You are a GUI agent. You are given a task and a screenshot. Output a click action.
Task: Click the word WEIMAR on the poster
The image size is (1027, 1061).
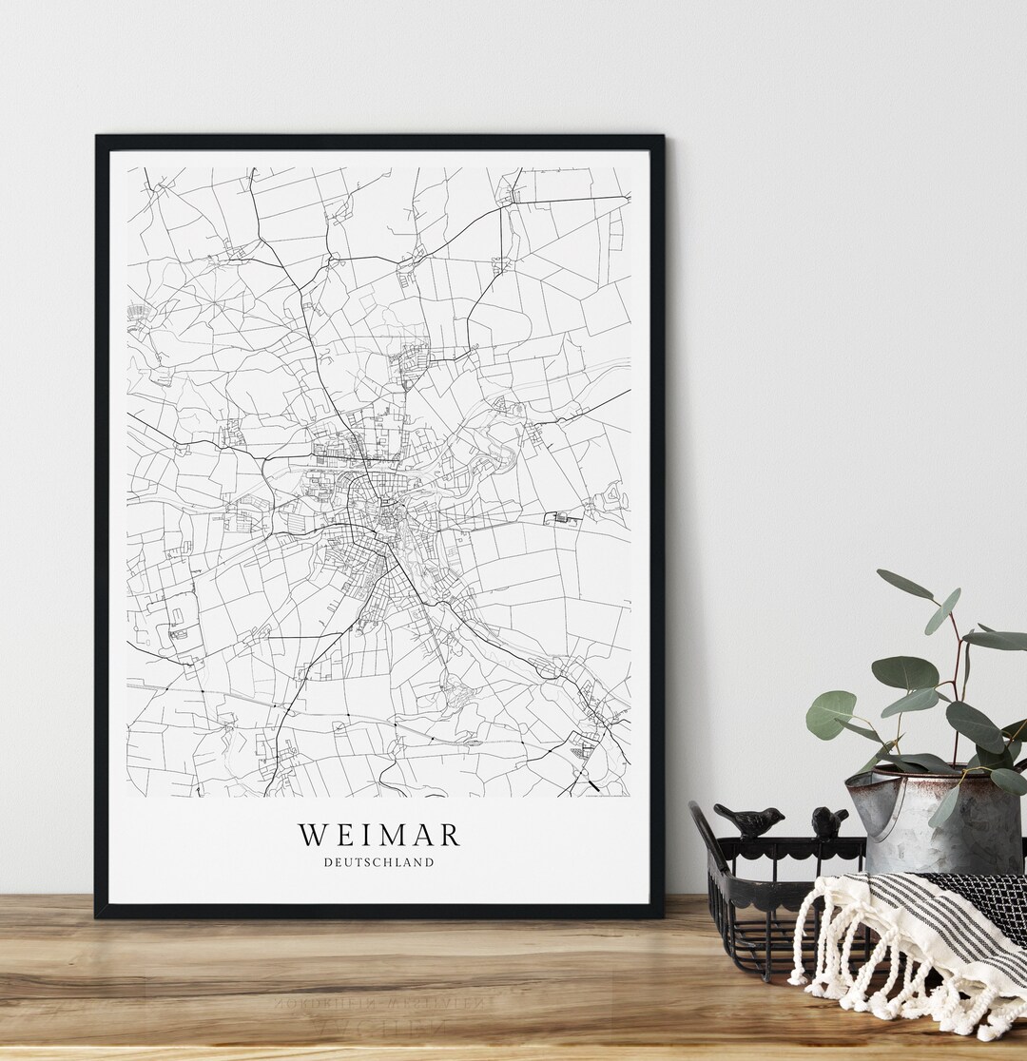379,836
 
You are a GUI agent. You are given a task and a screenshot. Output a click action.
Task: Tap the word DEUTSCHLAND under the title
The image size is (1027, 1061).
378,863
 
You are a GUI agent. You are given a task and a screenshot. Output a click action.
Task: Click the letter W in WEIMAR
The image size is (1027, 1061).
315,836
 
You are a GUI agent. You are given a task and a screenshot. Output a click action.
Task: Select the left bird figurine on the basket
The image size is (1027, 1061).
750,820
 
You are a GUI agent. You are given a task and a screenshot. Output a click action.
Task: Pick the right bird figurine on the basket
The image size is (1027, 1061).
829,821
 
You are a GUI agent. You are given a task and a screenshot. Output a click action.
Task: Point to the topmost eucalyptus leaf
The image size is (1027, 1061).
904,585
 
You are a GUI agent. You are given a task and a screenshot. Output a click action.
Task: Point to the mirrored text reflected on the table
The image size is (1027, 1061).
418,998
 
